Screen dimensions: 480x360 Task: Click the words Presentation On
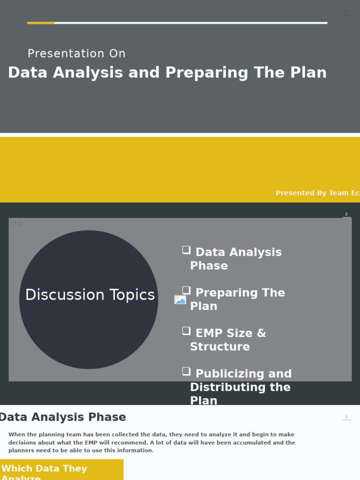click(x=76, y=54)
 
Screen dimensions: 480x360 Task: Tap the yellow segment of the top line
click(x=41, y=22)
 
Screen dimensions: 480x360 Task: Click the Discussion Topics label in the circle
click(x=90, y=295)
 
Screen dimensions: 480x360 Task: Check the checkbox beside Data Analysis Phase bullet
click(x=186, y=250)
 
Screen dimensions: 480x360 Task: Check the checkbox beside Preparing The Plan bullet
click(x=186, y=291)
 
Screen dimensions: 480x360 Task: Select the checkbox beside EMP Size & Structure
click(x=186, y=331)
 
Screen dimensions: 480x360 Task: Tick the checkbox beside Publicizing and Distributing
click(x=186, y=372)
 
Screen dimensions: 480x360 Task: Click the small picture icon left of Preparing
click(x=180, y=300)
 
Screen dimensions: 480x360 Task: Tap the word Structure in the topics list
click(x=220, y=347)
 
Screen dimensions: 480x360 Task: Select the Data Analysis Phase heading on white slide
click(x=62, y=417)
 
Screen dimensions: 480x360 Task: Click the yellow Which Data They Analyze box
click(x=61, y=470)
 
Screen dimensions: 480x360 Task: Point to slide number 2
click(x=346, y=214)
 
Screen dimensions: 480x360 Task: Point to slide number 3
click(x=346, y=417)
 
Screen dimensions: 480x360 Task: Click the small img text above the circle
click(x=16, y=223)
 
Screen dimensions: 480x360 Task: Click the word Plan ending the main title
click(x=308, y=73)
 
